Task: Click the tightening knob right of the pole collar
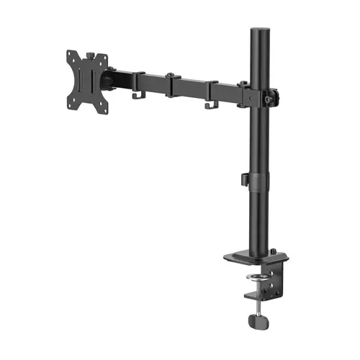point(273,94)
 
